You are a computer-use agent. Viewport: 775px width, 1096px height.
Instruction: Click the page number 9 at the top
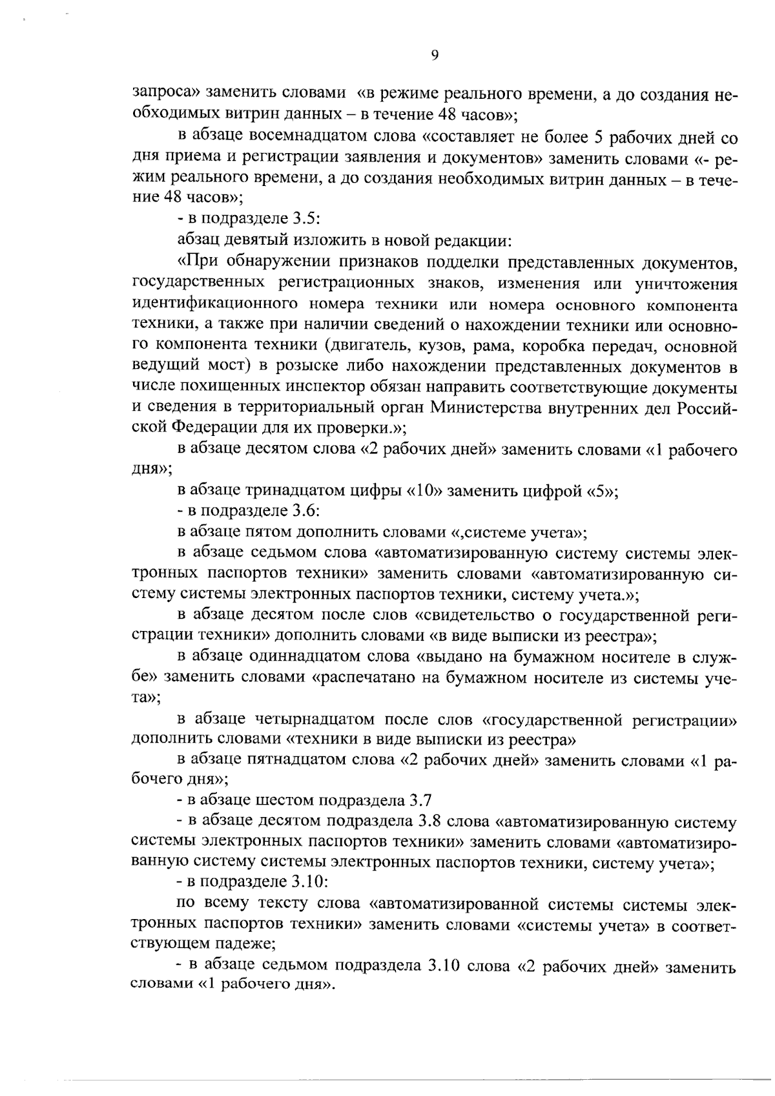point(434,56)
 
